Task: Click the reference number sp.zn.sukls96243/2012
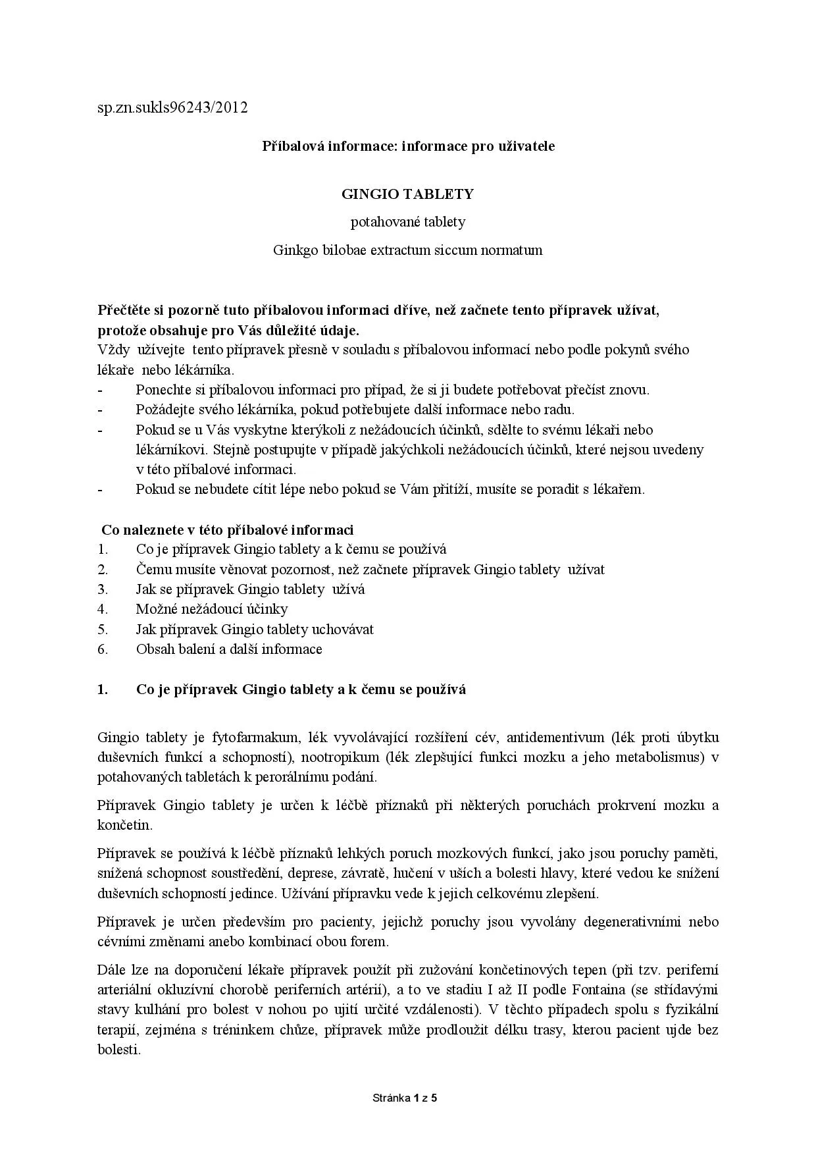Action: pyautogui.click(x=172, y=107)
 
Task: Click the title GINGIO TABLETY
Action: pyautogui.click(x=407, y=194)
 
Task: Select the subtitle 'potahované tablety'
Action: pyautogui.click(x=407, y=222)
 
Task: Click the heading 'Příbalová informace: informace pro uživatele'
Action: pyautogui.click(x=408, y=146)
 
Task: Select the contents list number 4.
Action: pyautogui.click(x=102, y=609)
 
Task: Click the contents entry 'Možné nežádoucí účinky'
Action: pyautogui.click(x=212, y=609)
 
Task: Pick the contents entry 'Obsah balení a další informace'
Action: pyautogui.click(x=229, y=649)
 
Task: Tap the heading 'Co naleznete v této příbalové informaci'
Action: pyautogui.click(x=227, y=530)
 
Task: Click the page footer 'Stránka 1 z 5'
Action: pyautogui.click(x=405, y=1098)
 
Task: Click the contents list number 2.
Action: pyautogui.click(x=102, y=570)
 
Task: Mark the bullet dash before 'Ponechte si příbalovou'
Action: pyautogui.click(x=100, y=390)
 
